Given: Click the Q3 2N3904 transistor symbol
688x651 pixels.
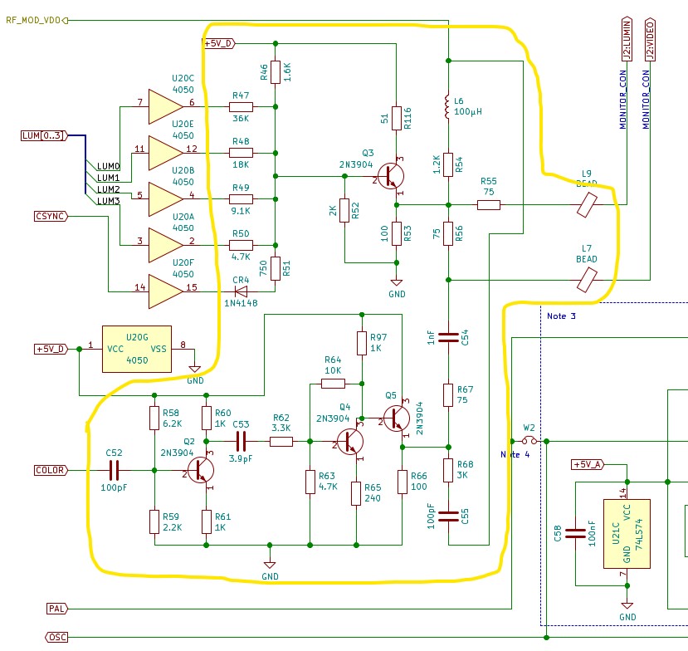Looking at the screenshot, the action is click(x=391, y=176).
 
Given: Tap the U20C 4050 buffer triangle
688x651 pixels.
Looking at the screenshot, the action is click(x=165, y=106).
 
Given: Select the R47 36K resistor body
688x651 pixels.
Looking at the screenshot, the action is click(x=241, y=106).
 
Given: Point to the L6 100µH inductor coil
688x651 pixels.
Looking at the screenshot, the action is click(x=447, y=105).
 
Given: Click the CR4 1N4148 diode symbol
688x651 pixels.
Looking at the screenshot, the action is click(x=241, y=291).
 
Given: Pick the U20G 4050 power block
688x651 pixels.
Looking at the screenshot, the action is click(x=137, y=349).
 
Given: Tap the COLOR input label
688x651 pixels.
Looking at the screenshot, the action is click(x=51, y=470).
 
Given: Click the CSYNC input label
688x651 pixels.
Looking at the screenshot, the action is click(x=51, y=216).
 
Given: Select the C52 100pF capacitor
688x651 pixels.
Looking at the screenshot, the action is click(x=114, y=470).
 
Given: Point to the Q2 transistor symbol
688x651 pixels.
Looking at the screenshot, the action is click(x=201, y=470).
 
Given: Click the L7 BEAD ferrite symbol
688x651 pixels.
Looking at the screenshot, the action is click(x=587, y=280).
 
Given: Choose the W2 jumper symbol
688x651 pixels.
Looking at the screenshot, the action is click(x=529, y=441).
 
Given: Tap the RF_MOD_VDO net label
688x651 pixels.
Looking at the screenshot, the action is click(x=33, y=20).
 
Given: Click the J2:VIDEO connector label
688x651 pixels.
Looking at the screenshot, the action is click(x=650, y=40).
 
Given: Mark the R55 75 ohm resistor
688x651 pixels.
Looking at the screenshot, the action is click(x=489, y=204).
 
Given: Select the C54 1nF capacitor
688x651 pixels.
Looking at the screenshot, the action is click(x=448, y=337).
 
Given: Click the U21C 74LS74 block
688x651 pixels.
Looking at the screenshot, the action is click(x=627, y=534).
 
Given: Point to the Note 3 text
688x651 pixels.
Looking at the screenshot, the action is click(x=561, y=316).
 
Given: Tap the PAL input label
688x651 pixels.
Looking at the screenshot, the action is click(x=57, y=609).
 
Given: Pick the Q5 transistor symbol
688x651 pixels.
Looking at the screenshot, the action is click(x=396, y=418).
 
